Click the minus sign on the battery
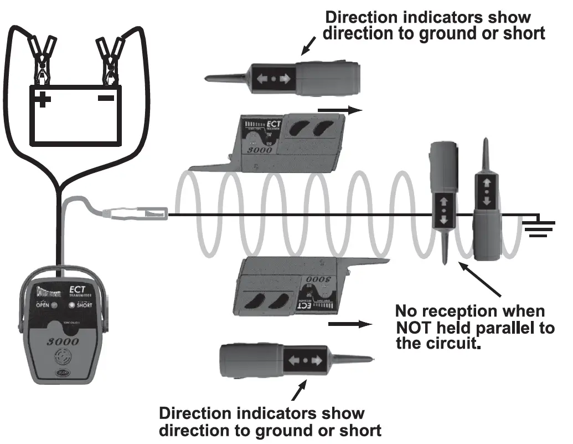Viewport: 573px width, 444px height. [x=107, y=98]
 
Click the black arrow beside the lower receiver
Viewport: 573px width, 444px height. [x=348, y=324]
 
